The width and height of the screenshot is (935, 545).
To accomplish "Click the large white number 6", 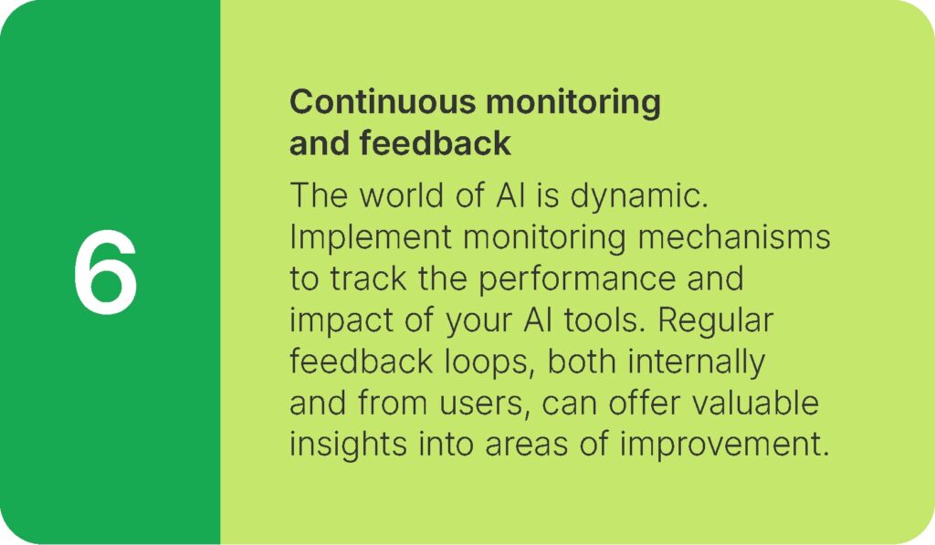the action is pyautogui.click(x=106, y=271).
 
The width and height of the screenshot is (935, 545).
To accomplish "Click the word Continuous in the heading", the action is pyautogui.click(x=383, y=101).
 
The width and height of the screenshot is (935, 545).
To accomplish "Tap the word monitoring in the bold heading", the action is pyautogui.click(x=573, y=103).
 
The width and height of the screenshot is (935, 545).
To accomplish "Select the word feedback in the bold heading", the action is pyautogui.click(x=435, y=143).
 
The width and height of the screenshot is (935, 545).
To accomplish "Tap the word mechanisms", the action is pyautogui.click(x=733, y=236).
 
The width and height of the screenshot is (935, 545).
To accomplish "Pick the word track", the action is pyautogui.click(x=368, y=278).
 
